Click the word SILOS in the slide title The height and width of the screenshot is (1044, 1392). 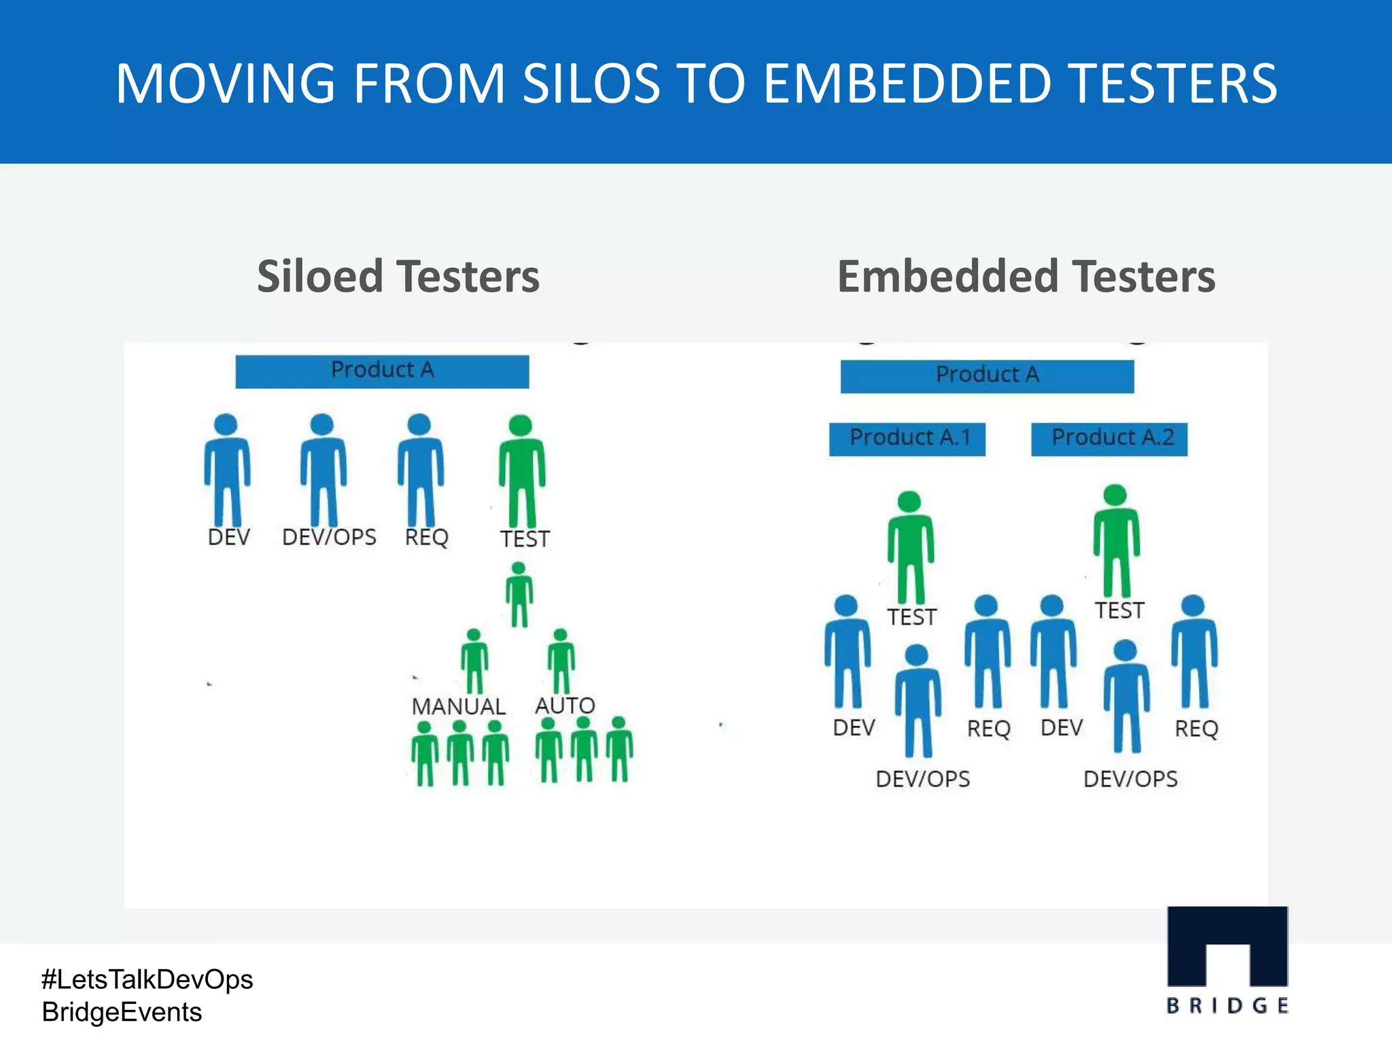coord(591,84)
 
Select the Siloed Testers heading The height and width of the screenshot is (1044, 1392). coord(398,277)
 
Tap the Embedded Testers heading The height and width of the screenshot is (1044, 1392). coord(1026,277)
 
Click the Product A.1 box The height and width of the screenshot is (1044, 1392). coord(907,438)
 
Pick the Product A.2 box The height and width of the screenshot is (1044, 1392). coord(1109,438)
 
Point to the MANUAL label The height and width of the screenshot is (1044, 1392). coord(458,706)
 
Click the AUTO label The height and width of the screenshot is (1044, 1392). coord(565,705)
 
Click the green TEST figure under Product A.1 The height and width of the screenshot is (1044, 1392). coord(910,547)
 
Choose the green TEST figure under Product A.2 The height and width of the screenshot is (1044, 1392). coord(1116,540)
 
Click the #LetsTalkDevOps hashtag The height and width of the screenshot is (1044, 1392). coord(147,979)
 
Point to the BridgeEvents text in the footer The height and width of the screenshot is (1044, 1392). coord(122,1012)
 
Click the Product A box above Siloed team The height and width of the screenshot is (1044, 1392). coord(382,371)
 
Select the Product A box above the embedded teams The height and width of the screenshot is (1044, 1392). coord(987,376)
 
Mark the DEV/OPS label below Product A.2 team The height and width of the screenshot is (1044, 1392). coord(1130,779)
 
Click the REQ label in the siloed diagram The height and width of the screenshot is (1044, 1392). coord(426,537)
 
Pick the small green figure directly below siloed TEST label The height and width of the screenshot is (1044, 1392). coord(519,593)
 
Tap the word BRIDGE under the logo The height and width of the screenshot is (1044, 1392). coord(1227,1006)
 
